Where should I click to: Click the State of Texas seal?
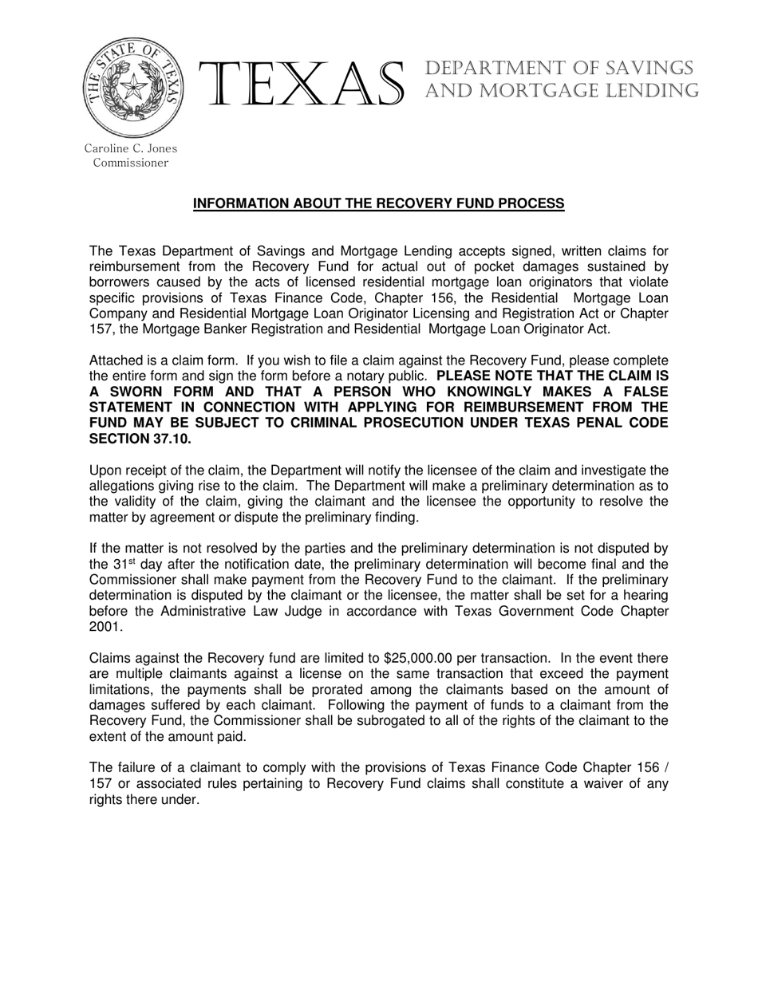[x=132, y=88]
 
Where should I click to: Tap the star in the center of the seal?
[x=133, y=86]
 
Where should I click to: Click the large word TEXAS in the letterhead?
[x=305, y=85]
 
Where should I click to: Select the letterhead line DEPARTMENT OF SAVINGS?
[x=559, y=69]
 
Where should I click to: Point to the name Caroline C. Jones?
[x=131, y=148]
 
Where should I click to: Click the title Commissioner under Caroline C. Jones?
[x=131, y=163]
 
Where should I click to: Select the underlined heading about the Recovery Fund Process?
[x=379, y=204]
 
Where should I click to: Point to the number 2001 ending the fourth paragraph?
[x=104, y=627]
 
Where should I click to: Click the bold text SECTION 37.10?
[x=140, y=439]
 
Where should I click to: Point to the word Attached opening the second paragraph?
[x=116, y=360]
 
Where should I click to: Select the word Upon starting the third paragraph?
[x=105, y=471]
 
